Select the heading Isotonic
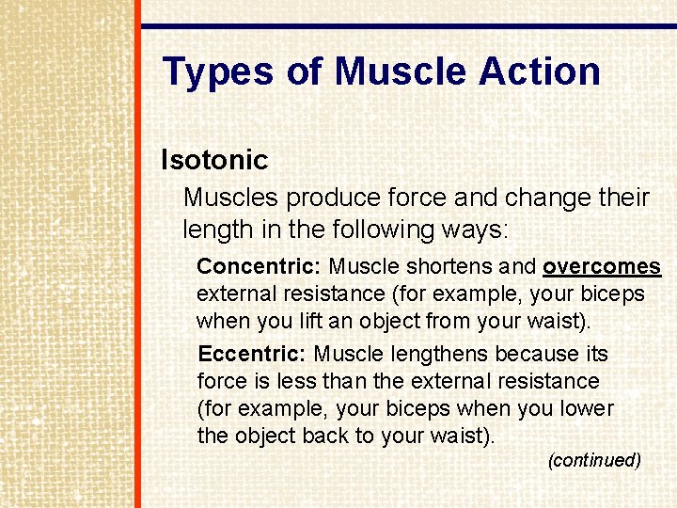[x=214, y=160]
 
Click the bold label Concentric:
[x=260, y=267]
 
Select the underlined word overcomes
[x=601, y=267]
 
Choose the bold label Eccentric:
[x=252, y=354]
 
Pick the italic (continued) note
[x=594, y=460]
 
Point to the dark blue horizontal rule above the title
[x=408, y=26]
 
